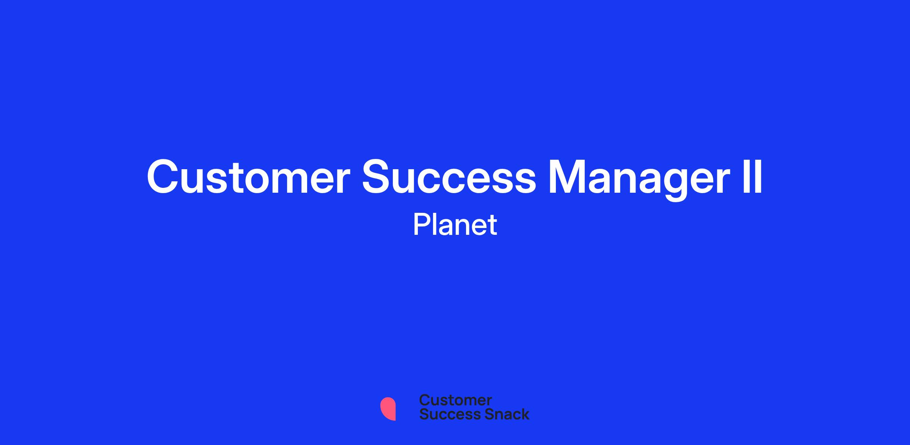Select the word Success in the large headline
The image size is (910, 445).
point(449,177)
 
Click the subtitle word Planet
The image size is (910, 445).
point(455,224)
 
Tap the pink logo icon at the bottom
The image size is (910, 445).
point(388,409)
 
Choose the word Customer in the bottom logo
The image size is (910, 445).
point(455,400)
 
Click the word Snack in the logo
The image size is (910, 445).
point(502,414)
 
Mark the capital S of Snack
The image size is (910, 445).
point(479,414)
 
